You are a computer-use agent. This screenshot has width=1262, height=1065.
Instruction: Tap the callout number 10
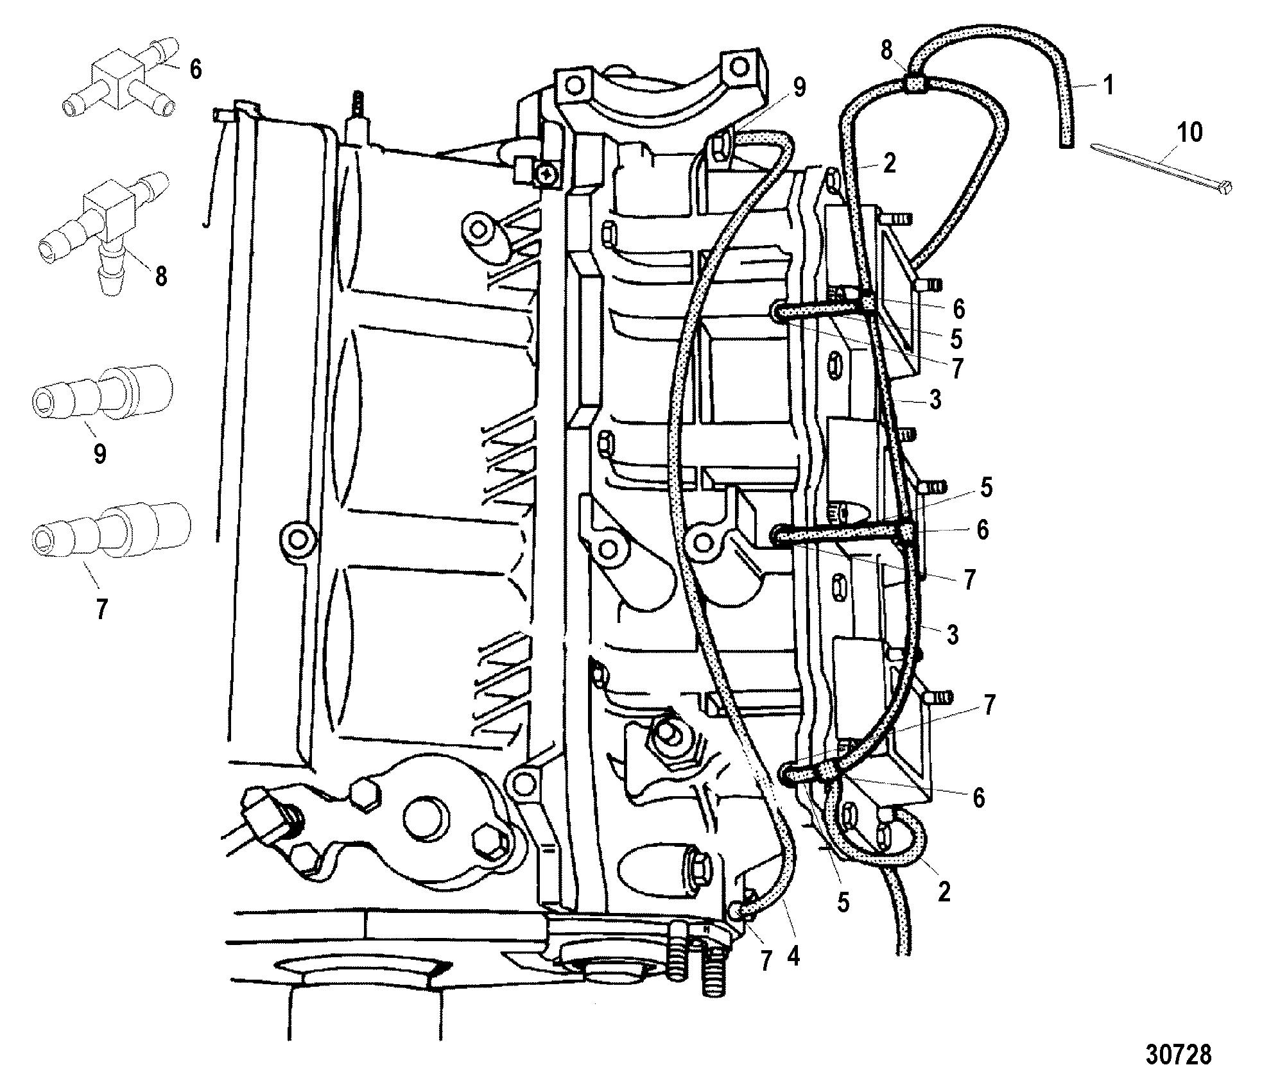(1189, 133)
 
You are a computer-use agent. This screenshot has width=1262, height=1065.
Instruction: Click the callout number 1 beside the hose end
(1109, 85)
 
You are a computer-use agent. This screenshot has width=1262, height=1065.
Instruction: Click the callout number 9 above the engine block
(799, 88)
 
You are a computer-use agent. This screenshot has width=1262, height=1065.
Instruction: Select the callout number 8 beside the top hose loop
(886, 50)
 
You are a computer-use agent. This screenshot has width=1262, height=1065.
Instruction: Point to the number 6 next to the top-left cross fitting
(195, 69)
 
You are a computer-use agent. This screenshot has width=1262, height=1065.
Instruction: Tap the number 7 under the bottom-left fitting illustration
(101, 608)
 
